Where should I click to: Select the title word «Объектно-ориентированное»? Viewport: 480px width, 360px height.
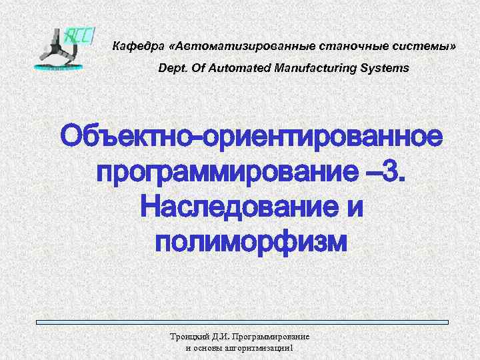tap(251, 138)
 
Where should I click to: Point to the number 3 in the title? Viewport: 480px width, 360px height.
tap(395, 173)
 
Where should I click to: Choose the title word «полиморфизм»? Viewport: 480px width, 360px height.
tap(251, 241)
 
